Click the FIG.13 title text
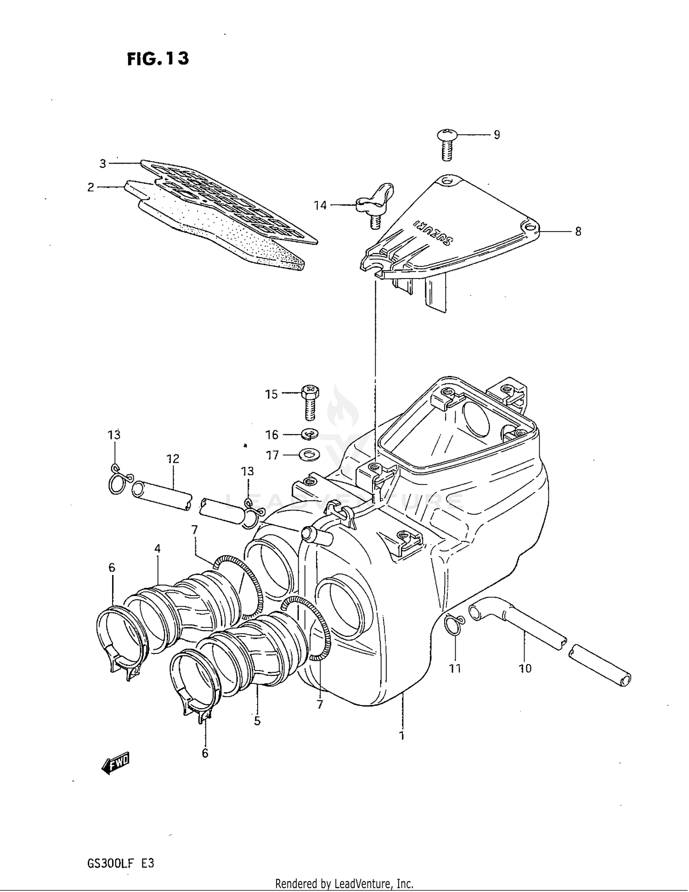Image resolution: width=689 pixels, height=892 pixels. click(158, 59)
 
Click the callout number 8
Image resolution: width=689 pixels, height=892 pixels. click(578, 232)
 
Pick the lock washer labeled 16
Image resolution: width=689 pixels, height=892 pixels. click(311, 433)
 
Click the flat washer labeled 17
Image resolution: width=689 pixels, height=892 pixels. click(310, 455)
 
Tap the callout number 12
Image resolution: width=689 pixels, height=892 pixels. click(173, 459)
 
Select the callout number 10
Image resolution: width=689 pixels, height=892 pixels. click(525, 669)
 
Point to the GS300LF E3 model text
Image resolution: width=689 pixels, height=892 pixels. click(120, 863)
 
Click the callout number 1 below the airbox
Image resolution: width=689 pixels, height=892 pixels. click(402, 736)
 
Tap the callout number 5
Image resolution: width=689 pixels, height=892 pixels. click(257, 721)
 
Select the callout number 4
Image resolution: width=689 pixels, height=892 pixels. click(158, 548)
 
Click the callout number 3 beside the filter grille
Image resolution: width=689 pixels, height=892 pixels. click(103, 164)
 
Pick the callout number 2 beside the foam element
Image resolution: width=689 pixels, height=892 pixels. click(91, 187)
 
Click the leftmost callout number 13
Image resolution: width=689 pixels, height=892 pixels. click(114, 434)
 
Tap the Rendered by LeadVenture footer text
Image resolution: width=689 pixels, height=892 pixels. click(344, 883)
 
